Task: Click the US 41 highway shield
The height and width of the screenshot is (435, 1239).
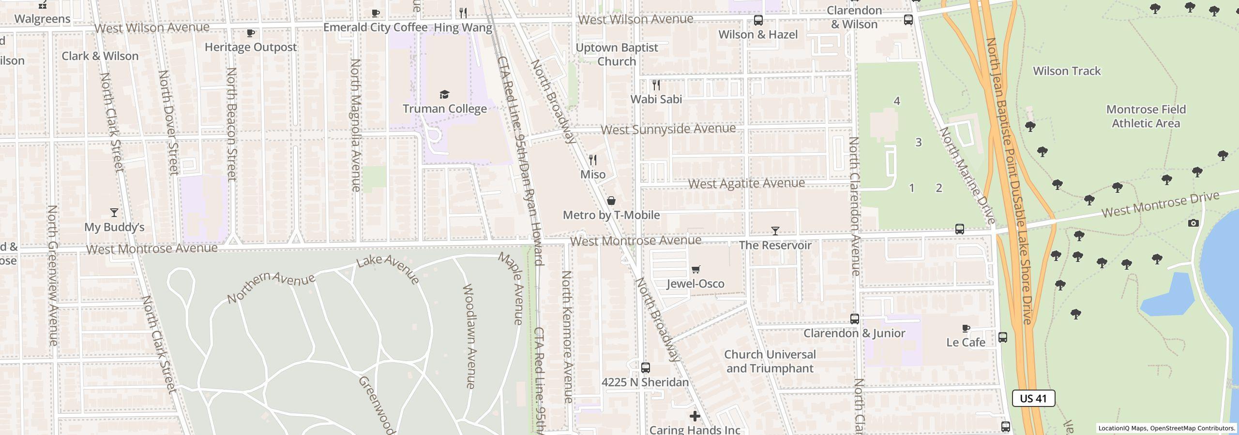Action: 1033,398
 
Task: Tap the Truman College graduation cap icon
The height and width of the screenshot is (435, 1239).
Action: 444,94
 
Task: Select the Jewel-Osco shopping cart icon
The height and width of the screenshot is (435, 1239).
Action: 695,269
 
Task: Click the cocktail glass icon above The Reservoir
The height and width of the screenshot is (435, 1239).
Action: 775,231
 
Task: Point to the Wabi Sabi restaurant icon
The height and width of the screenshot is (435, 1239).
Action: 656,85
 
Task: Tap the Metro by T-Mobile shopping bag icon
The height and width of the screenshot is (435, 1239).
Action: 611,201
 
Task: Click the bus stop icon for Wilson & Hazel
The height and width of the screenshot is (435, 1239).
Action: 758,20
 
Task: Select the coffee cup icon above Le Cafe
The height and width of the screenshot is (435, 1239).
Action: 966,329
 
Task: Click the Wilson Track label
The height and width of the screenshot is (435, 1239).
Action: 1067,71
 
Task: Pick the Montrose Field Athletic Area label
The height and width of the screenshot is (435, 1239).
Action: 1146,116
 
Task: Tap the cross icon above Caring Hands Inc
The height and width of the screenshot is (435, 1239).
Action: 695,416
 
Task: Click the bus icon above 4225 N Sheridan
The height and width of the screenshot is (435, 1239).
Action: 645,368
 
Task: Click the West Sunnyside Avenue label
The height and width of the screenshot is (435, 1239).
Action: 668,129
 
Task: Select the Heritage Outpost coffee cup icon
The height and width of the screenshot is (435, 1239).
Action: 250,33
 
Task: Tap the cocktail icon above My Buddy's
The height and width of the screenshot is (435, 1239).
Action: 114,213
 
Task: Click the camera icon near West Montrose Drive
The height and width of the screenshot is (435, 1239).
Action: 1194,223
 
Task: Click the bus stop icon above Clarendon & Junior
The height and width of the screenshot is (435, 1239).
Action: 855,319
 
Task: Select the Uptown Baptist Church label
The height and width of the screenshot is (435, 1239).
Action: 617,54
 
